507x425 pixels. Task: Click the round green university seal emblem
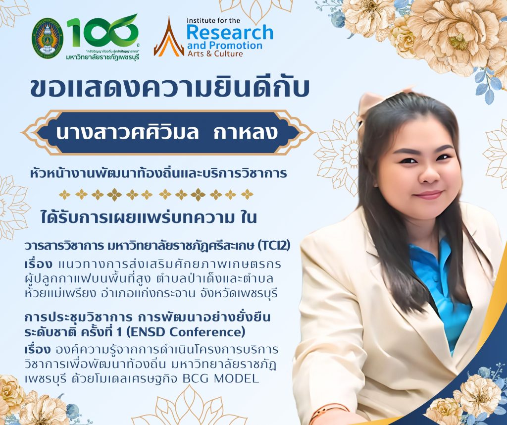(x=48, y=38)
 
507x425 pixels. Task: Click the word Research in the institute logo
(x=230, y=33)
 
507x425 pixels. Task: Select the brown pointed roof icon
(x=169, y=37)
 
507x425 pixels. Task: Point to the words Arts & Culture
(x=215, y=53)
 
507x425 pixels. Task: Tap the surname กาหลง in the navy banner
(x=246, y=132)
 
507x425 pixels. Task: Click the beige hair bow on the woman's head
(x=375, y=102)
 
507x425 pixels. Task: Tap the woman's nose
(x=429, y=176)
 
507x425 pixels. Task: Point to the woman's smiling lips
(x=429, y=195)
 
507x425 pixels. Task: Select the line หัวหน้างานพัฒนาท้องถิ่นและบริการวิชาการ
(x=158, y=174)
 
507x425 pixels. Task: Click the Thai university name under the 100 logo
(x=102, y=57)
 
